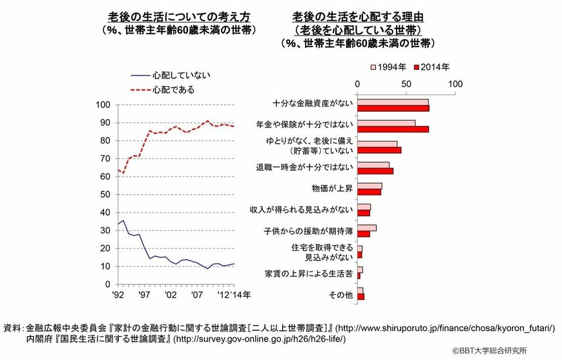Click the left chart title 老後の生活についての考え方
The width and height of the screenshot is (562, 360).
pos(179,16)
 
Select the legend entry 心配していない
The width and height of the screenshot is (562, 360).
pos(182,75)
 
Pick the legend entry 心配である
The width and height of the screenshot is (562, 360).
pos(172,89)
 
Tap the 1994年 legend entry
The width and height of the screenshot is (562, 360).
pos(388,66)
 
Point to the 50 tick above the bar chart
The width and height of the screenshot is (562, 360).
pos(406,85)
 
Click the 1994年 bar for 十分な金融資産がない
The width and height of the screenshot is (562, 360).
pos(392,101)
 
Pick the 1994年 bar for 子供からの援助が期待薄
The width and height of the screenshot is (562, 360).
pos(366,228)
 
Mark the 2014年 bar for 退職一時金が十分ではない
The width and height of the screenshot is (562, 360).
pos(375,171)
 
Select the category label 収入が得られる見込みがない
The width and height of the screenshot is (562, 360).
pos(301,209)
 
